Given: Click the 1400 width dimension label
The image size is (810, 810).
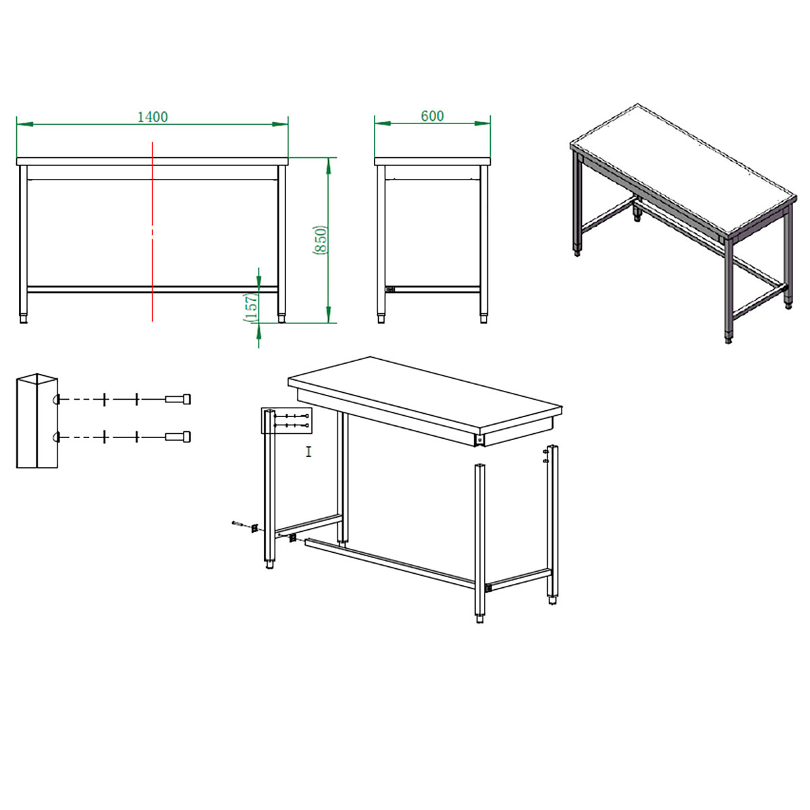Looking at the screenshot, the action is pyautogui.click(x=153, y=117).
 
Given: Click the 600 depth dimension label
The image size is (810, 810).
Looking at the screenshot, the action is pyautogui.click(x=432, y=116).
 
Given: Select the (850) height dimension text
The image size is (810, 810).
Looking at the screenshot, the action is pyautogui.click(x=319, y=240).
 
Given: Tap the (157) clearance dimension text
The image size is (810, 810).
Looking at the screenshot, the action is pyautogui.click(x=250, y=308).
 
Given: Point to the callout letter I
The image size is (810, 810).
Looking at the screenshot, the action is pyautogui.click(x=308, y=452).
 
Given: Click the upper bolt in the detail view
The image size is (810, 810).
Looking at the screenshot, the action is pyautogui.click(x=178, y=398).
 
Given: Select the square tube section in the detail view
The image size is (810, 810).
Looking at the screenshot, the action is pyautogui.click(x=37, y=421).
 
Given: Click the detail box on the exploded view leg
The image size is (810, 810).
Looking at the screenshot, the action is pyautogui.click(x=287, y=420).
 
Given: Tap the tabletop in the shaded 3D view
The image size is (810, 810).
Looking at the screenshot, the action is pyautogui.click(x=683, y=170).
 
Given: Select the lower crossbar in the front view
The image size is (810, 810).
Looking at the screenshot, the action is pyautogui.click(x=152, y=289).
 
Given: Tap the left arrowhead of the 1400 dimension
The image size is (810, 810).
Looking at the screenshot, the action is pyautogui.click(x=25, y=124).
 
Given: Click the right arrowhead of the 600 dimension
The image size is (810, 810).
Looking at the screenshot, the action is pyautogui.click(x=483, y=124).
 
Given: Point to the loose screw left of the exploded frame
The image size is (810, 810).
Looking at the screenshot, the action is pyautogui.click(x=237, y=523).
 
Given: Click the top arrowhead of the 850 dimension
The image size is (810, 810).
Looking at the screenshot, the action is pyautogui.click(x=328, y=165).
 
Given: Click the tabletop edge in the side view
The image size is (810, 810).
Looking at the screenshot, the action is pyautogui.click(x=433, y=161).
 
